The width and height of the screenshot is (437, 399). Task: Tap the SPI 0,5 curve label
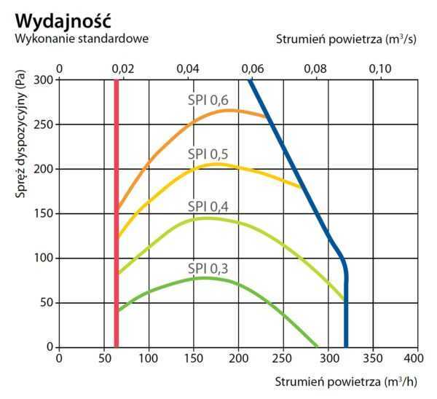[x=208, y=154]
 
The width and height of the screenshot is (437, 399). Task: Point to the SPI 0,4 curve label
[x=208, y=206]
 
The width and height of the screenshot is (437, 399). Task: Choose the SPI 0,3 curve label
[x=208, y=269]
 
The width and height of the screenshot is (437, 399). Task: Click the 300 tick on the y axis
[x=44, y=79]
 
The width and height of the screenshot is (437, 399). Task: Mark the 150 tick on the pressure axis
[x=44, y=213]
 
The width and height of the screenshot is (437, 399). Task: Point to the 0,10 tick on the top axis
[x=380, y=68]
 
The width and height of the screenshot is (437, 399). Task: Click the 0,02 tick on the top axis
[x=123, y=68]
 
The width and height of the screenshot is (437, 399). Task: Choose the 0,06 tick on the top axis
[x=252, y=68]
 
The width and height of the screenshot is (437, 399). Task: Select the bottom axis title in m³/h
[x=346, y=382]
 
